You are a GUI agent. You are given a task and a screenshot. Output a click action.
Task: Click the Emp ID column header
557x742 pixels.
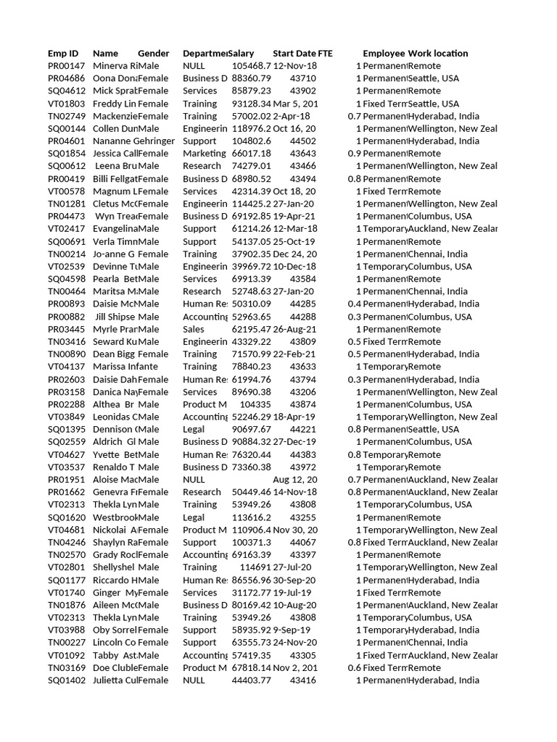63,54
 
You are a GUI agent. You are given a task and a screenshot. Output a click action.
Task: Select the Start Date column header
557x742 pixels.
294,54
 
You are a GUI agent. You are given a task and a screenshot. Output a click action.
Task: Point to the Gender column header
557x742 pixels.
153,54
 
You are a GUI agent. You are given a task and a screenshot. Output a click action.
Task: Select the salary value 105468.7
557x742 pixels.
251,66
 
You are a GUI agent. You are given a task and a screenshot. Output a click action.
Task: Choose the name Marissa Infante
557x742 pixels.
125,367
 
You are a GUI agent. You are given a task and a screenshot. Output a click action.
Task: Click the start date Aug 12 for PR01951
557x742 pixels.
294,480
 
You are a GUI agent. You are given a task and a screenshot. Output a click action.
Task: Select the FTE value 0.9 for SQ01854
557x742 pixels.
354,154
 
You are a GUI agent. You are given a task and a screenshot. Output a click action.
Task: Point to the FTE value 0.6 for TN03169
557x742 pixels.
354,668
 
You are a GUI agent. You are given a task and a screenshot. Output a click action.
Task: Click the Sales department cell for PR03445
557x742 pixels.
194,329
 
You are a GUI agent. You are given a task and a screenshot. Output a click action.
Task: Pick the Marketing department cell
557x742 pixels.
204,154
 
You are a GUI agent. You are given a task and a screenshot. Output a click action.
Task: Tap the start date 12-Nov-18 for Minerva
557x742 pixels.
294,66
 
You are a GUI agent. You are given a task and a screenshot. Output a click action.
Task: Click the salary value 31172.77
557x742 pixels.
251,593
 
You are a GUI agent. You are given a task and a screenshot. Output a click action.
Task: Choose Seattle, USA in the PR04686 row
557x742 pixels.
434,78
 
